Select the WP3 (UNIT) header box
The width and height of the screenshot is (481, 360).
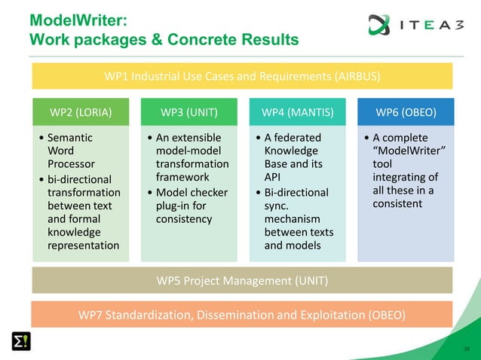[189, 113]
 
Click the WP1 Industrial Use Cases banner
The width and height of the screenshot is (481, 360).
[241, 76]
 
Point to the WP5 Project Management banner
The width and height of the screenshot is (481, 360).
[241, 282]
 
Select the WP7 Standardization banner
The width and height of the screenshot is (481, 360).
[241, 315]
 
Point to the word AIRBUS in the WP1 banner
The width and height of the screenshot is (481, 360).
[355, 76]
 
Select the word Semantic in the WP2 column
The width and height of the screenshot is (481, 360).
[70, 138]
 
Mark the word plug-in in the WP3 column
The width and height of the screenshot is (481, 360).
[179, 206]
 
